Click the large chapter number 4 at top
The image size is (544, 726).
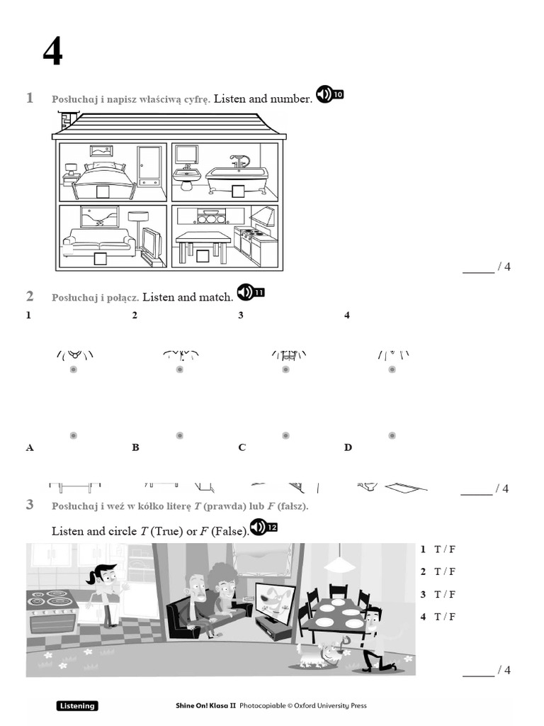coord(52,52)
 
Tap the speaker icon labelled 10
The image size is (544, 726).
coord(329,94)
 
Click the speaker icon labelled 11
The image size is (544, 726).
coord(250,292)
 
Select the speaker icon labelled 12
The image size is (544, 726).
coord(263,527)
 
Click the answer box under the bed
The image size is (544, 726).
coord(102,191)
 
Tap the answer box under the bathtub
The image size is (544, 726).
coord(238,191)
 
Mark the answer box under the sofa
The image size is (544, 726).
coord(101,259)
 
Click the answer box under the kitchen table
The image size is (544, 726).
coord(203,257)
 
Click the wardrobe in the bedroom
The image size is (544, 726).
coord(149,166)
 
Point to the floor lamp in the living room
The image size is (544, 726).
coord(138,227)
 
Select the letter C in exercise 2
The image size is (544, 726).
coord(242,447)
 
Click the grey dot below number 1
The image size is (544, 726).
coord(73,369)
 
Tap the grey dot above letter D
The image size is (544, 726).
coord(392,435)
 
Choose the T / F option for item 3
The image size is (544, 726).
coord(445,594)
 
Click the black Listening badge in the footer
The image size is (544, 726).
coord(77,705)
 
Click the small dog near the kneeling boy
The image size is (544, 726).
coord(313,654)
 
